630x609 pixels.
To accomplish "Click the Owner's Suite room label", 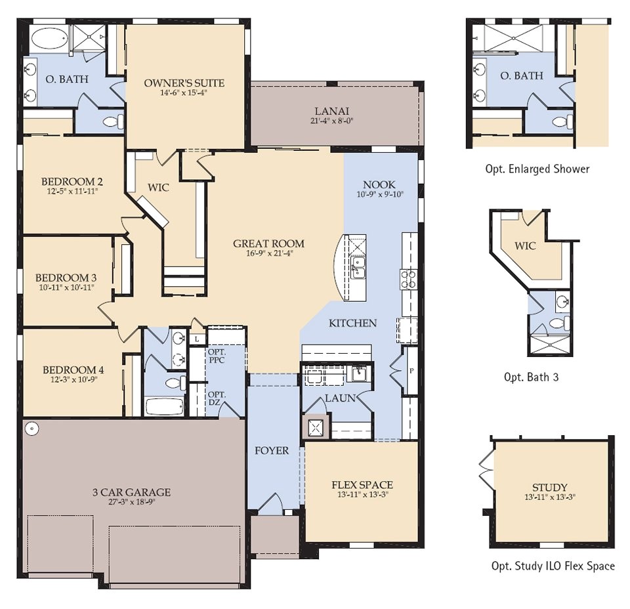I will pyautogui.click(x=184, y=83).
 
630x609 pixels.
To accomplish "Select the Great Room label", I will pyautogui.click(x=268, y=243).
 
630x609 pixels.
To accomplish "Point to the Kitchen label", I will pyautogui.click(x=352, y=323).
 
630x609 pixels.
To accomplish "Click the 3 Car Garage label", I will pyautogui.click(x=131, y=492).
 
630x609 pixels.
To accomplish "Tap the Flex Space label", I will pyautogui.click(x=362, y=485).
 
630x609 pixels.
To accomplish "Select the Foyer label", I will pyautogui.click(x=272, y=451).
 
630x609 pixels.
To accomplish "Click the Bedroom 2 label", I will pyautogui.click(x=72, y=182).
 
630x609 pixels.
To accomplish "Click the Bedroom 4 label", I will pyautogui.click(x=73, y=369).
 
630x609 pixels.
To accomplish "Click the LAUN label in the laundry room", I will pyautogui.click(x=340, y=398).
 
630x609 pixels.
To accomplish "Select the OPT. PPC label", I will pyautogui.click(x=217, y=356).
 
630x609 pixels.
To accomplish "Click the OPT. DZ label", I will pyautogui.click(x=217, y=398).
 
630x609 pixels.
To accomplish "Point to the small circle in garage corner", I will pyautogui.click(x=32, y=429).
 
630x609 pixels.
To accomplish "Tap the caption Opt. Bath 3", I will pyautogui.click(x=531, y=377).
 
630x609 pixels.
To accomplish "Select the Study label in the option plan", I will pyautogui.click(x=549, y=487).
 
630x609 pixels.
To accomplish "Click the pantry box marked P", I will pyautogui.click(x=411, y=371).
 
